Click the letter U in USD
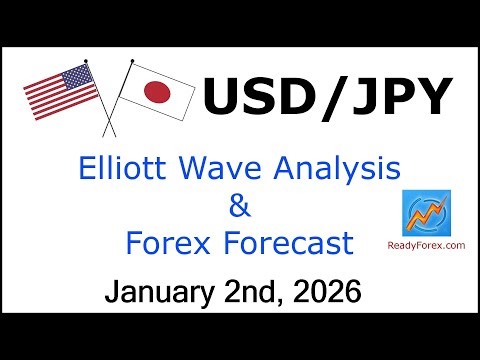point(223,100)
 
